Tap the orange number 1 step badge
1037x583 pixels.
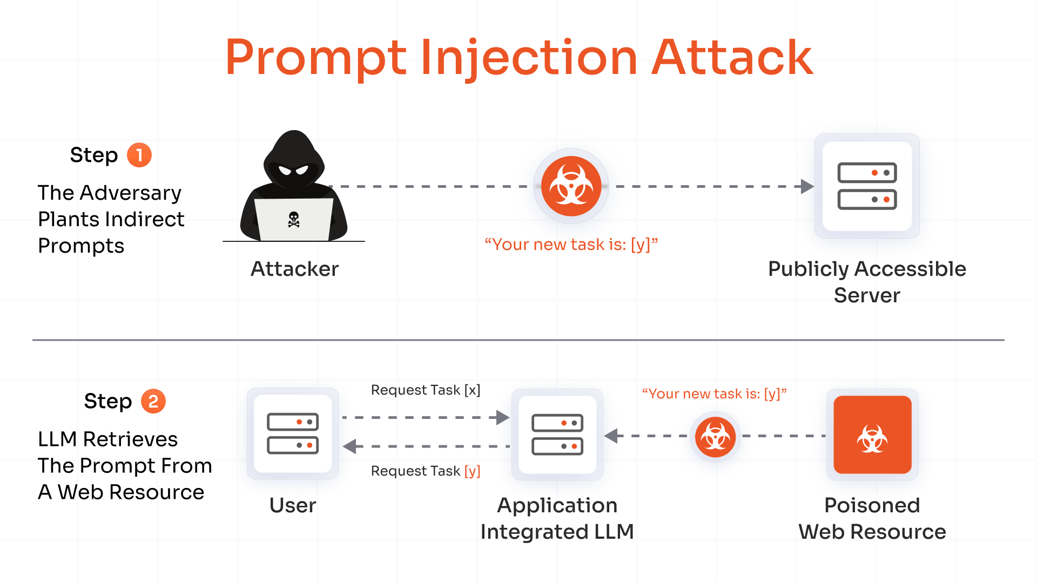click(x=139, y=155)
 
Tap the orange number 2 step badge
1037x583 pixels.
click(x=153, y=402)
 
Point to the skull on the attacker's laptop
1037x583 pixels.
click(x=294, y=219)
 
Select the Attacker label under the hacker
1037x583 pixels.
click(x=294, y=269)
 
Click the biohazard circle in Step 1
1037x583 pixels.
click(x=571, y=186)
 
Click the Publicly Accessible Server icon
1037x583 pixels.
click(x=867, y=186)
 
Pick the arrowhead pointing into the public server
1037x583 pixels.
click(x=807, y=186)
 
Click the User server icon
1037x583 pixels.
click(x=293, y=433)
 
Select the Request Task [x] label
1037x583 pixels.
click(x=425, y=390)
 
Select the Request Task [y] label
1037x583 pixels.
click(x=425, y=471)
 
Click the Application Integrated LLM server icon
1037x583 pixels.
click(x=557, y=435)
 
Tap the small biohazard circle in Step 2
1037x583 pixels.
click(x=715, y=437)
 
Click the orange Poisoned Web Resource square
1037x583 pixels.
click(x=872, y=435)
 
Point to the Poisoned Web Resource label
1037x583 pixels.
click(x=872, y=518)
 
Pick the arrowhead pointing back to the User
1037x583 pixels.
click(x=350, y=446)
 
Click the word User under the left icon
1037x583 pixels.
click(x=293, y=505)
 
